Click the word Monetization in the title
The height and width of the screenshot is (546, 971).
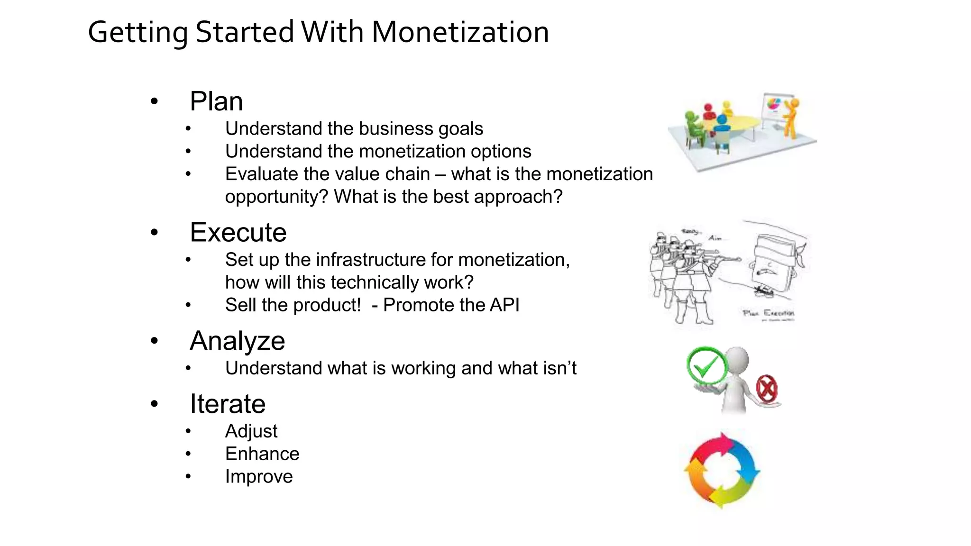460,32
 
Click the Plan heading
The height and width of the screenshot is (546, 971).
216,101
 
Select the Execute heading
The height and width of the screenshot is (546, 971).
238,233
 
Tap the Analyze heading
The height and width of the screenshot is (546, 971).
237,341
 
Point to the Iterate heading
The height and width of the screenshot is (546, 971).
228,404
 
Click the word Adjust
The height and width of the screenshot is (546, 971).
251,431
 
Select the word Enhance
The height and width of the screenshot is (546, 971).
262,454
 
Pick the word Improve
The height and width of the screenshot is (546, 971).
259,477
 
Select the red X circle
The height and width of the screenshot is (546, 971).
766,389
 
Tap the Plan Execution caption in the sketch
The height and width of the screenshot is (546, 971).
768,313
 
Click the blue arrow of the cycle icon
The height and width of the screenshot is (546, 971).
747,462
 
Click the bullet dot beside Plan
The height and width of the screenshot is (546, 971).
154,101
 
